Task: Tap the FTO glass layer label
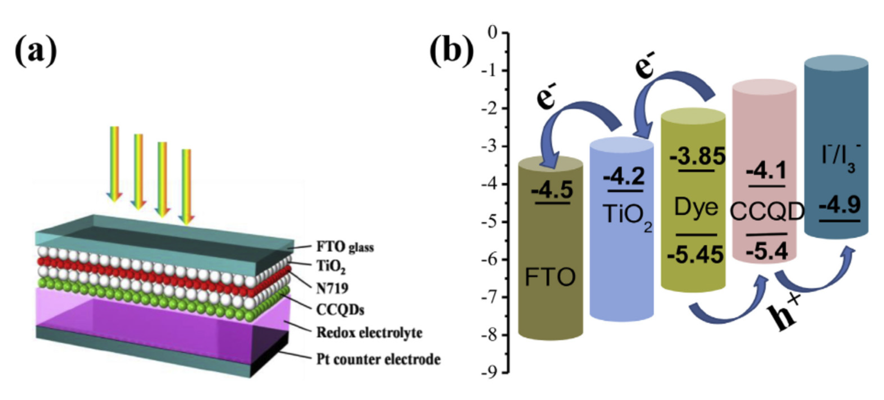[345, 247]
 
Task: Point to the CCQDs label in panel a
[340, 310]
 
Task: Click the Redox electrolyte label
[369, 332]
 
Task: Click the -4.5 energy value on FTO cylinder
[552, 190]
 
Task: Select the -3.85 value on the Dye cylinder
[697, 156]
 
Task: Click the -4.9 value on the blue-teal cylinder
[839, 205]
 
